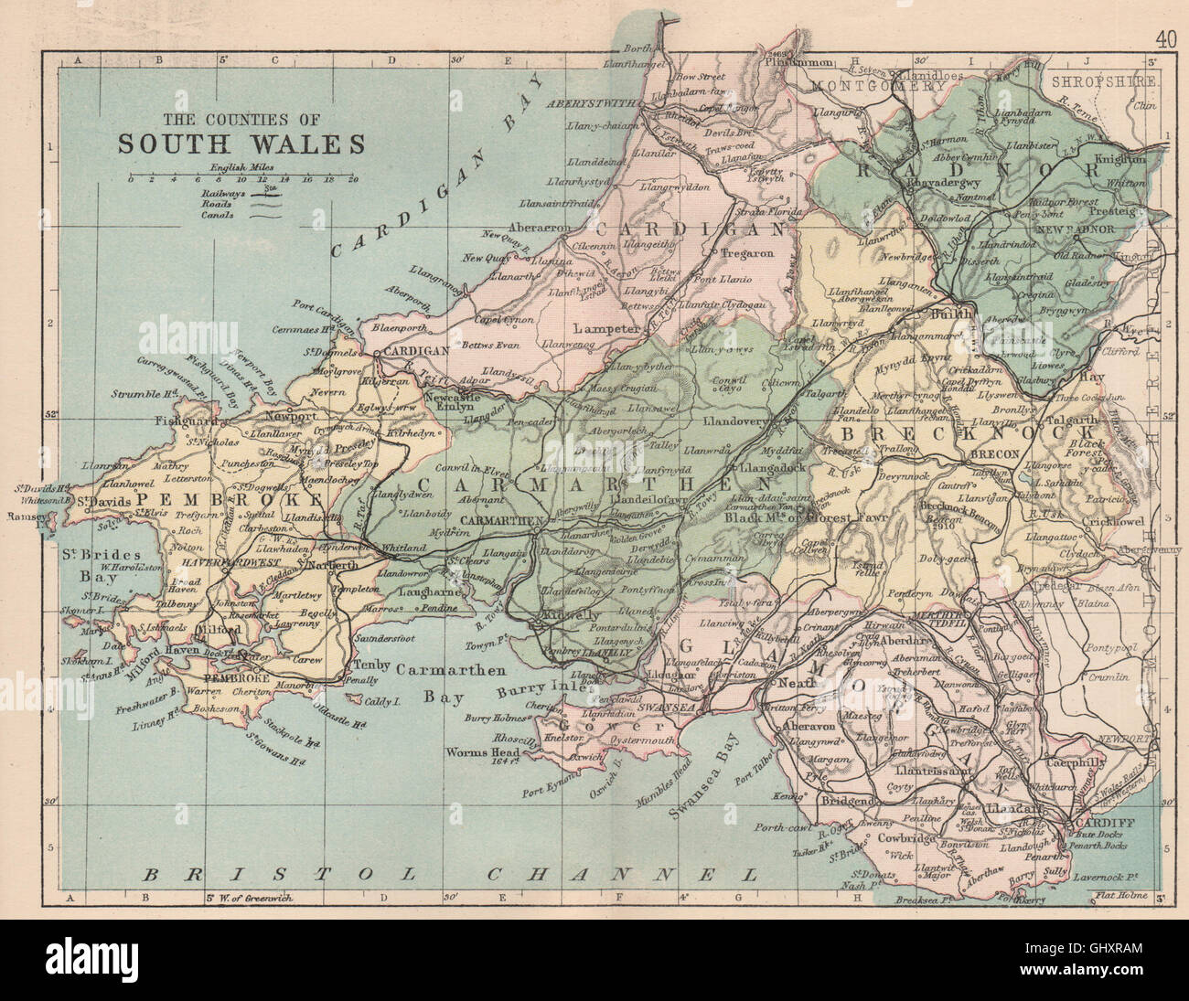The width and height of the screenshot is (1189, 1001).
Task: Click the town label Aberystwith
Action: [x=585, y=103]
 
